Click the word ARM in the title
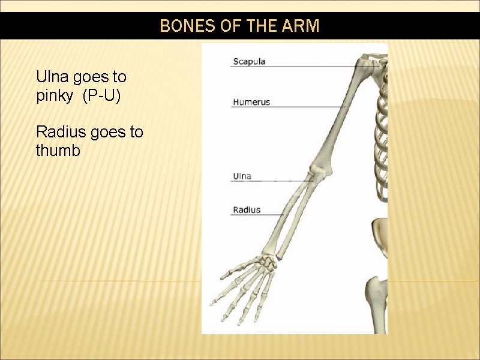305,26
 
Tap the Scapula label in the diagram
249,61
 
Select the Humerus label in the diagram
251,102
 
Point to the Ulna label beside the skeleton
242,176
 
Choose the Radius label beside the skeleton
247,210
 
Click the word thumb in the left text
58,151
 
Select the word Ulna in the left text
52,77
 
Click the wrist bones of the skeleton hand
266,262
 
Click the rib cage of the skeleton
379,132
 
